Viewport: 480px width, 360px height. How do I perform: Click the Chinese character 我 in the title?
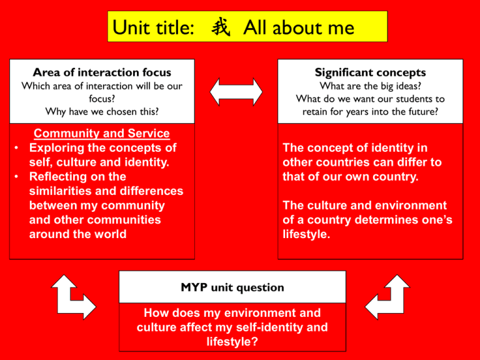(221, 27)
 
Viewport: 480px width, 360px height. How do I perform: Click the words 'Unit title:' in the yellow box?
(153, 27)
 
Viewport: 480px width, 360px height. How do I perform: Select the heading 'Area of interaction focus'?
(102, 72)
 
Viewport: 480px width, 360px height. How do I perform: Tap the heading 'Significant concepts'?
(371, 72)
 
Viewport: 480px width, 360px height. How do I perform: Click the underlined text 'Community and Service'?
(102, 133)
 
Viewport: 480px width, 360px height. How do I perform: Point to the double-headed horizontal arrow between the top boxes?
(236, 92)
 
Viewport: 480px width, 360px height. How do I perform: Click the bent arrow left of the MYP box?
(74, 297)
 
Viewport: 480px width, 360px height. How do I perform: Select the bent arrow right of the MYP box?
(387, 297)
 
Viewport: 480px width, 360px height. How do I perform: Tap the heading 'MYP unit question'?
(232, 287)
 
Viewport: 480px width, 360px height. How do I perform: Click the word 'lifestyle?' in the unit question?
(232, 341)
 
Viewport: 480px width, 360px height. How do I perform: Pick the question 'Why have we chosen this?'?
(102, 111)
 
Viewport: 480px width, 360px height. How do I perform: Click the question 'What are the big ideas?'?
(371, 86)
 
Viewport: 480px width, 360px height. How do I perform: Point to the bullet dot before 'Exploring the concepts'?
(16, 148)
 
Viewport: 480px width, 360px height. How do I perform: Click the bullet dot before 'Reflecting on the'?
(16, 177)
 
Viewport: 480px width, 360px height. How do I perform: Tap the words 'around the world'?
(77, 234)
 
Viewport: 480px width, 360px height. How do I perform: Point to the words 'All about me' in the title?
(299, 27)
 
